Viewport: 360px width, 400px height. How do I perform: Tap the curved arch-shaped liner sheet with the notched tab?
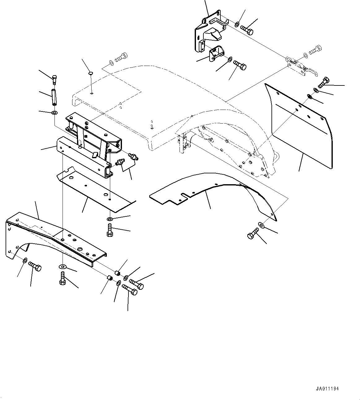pos(214,192)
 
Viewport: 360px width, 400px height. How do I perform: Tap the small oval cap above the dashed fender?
pos(91,73)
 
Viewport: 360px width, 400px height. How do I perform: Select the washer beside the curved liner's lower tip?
pos(261,225)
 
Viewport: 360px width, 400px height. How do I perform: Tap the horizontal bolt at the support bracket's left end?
pos(35,266)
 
